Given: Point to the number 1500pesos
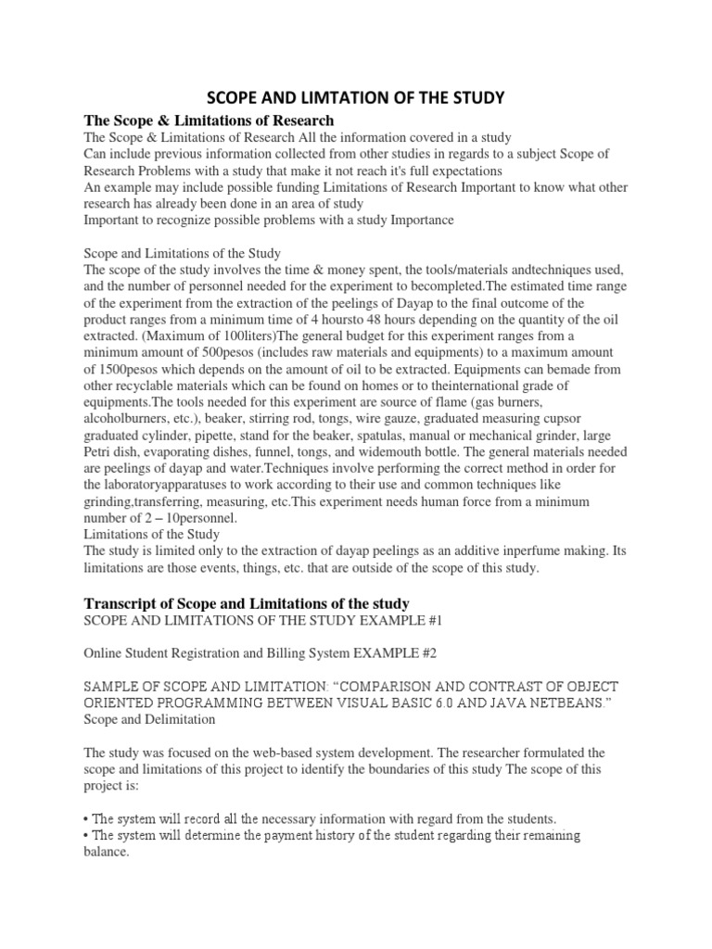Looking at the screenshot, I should click(x=119, y=371).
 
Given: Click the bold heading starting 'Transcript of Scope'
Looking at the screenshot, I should click(x=248, y=603).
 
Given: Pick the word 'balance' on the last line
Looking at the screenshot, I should click(x=105, y=853).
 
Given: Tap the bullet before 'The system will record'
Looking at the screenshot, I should click(x=87, y=818).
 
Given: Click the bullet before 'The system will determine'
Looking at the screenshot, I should click(x=87, y=835).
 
